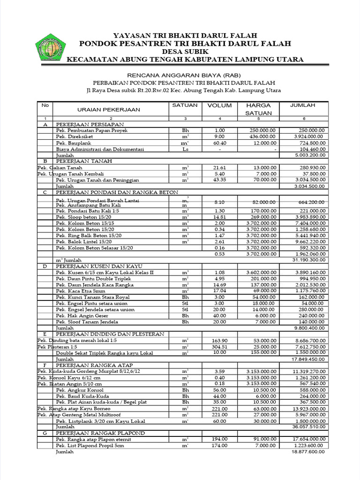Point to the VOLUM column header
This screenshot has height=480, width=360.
tap(219, 105)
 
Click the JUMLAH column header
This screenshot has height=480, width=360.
tap(302, 105)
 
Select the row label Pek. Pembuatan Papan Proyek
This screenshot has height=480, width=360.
tap(91, 130)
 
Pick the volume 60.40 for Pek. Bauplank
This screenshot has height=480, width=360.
tap(219, 142)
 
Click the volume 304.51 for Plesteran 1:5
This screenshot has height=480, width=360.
tap(219, 347)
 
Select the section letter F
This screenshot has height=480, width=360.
tap(45, 365)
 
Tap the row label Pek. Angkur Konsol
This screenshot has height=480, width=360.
tap(79, 390)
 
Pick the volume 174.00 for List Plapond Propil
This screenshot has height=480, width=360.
tap(219, 446)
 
